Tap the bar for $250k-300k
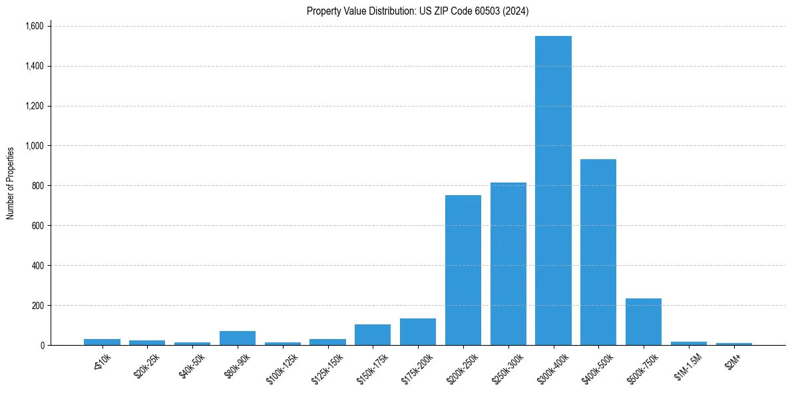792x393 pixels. tap(508, 264)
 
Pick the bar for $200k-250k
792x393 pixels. tap(463, 270)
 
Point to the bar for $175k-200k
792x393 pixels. tap(418, 332)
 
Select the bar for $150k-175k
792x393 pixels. tap(373, 335)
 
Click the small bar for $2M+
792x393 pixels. tap(734, 344)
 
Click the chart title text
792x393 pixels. tap(418, 11)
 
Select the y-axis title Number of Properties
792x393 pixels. tap(11, 183)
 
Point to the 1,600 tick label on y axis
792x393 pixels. tap(33, 26)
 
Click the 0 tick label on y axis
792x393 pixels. tap(42, 346)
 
